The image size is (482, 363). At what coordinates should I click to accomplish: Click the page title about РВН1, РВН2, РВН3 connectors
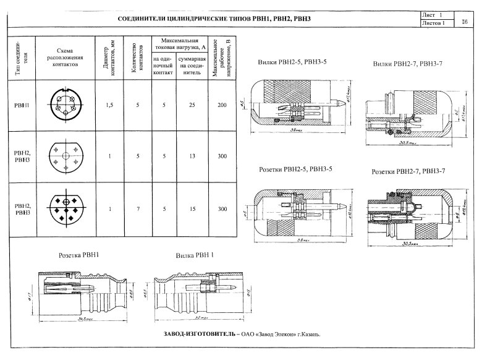[213, 19]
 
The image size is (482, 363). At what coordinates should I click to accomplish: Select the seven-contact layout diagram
[65, 208]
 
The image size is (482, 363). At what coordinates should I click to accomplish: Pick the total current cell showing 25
[192, 105]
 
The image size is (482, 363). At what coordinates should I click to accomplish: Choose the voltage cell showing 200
[222, 105]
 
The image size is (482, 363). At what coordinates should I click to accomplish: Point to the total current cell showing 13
[192, 156]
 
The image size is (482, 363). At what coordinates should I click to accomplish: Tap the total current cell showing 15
[192, 208]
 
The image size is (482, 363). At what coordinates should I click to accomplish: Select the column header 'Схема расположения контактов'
[65, 58]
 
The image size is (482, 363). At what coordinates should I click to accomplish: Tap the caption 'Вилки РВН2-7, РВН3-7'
[408, 64]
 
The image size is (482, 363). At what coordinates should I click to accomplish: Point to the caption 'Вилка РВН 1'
[195, 255]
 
